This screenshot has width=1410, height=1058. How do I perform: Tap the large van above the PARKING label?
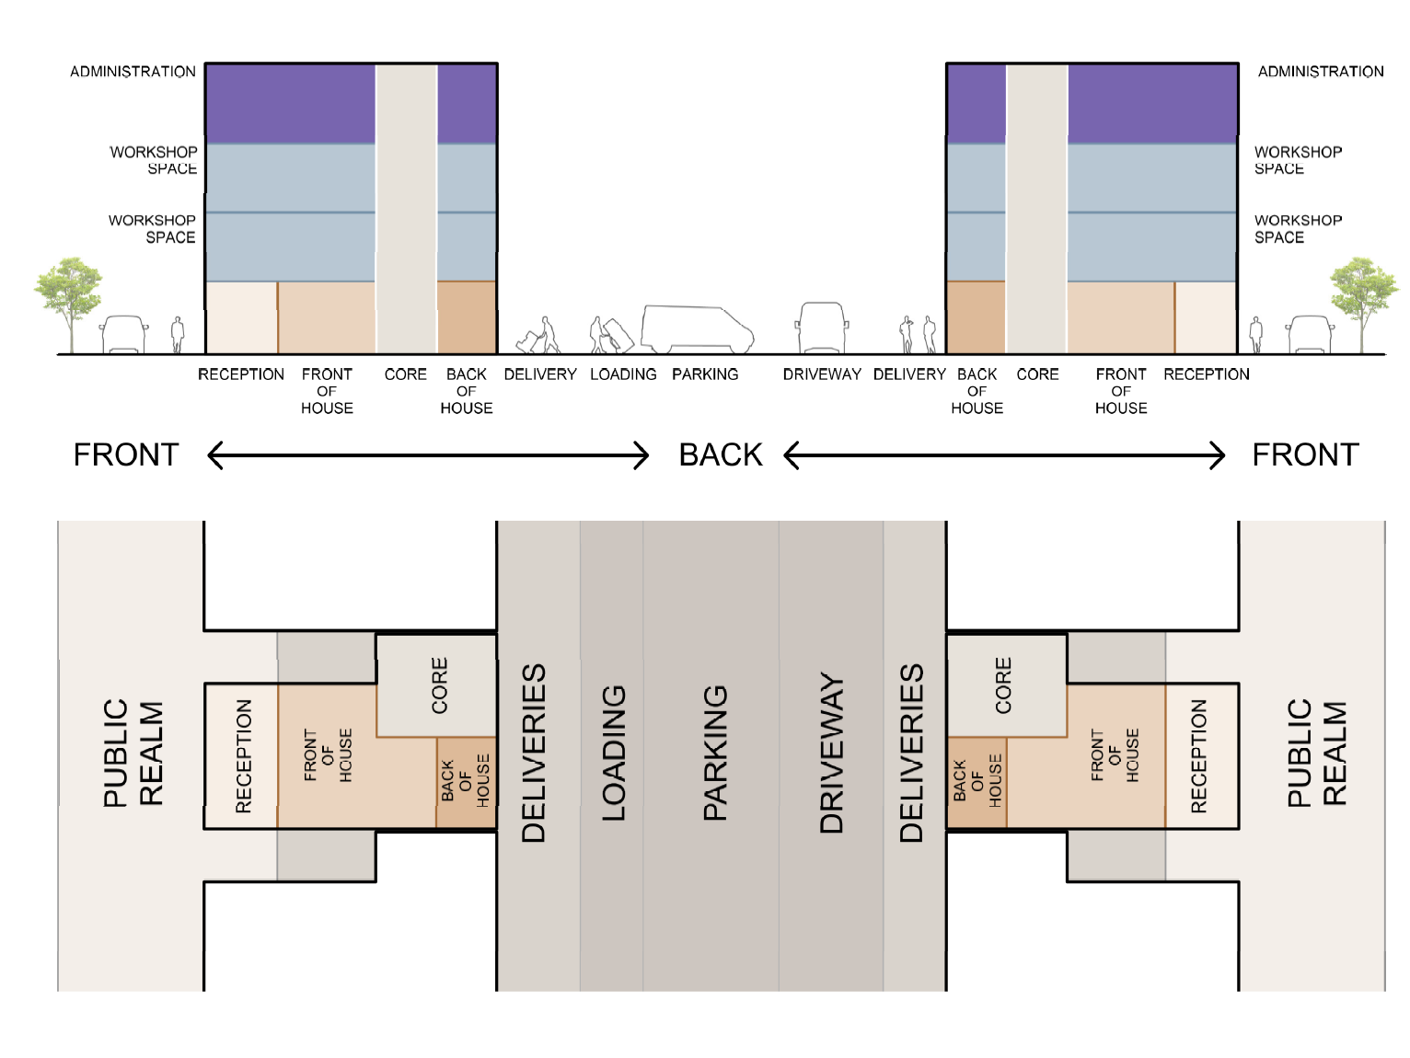(697, 328)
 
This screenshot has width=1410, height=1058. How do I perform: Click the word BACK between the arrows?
(721, 454)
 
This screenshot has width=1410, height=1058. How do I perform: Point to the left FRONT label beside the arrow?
(126, 454)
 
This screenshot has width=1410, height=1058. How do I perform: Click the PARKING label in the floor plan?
(715, 753)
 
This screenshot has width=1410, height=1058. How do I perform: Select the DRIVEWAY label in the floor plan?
(831, 753)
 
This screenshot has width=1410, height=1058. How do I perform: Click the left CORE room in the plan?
(437, 685)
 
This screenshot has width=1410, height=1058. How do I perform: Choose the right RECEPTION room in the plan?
(1200, 756)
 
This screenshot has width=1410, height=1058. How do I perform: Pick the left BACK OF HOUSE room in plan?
(466, 782)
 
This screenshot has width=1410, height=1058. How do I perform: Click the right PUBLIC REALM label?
(1316, 753)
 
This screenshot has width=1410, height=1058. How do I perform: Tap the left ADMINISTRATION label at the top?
(133, 72)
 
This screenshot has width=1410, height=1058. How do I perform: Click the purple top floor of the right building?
(1150, 103)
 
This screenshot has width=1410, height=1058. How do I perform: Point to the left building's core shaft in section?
(406, 208)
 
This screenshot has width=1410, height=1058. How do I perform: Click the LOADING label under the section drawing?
(623, 374)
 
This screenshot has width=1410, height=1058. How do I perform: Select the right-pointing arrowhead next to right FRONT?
(1217, 454)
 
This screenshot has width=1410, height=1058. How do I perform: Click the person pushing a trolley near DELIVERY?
(540, 337)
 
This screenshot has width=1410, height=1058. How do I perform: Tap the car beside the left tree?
(124, 335)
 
